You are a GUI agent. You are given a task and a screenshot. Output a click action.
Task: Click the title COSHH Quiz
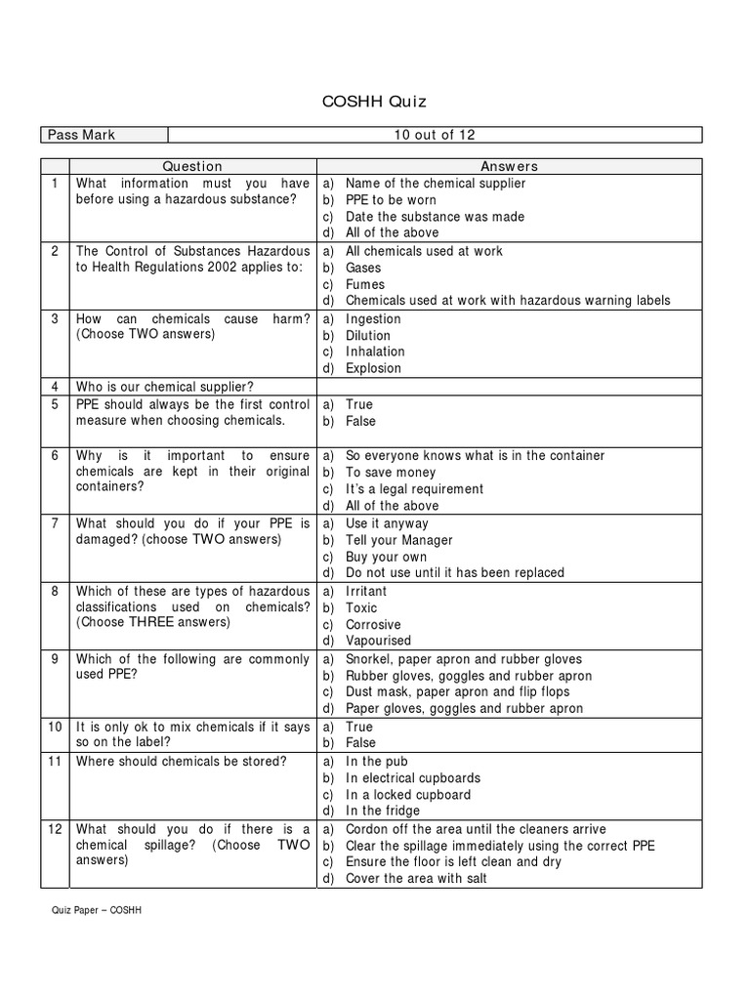374,101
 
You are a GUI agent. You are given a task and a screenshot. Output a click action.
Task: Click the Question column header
192,166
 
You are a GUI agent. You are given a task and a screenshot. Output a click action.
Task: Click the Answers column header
509,166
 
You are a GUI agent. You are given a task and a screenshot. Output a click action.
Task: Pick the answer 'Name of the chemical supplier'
436,184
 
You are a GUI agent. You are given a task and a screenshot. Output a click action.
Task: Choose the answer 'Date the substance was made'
435,217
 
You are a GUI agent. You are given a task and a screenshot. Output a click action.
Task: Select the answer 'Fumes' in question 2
365,284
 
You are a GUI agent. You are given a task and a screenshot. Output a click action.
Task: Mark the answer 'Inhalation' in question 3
375,352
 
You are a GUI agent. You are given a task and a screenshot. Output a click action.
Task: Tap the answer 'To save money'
391,473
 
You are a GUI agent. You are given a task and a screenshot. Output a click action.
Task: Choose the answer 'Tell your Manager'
399,540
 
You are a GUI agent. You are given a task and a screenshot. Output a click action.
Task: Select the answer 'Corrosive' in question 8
373,624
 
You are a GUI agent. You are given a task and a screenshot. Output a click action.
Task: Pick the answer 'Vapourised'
378,641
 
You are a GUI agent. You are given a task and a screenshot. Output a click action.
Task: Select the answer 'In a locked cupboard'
407,795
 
